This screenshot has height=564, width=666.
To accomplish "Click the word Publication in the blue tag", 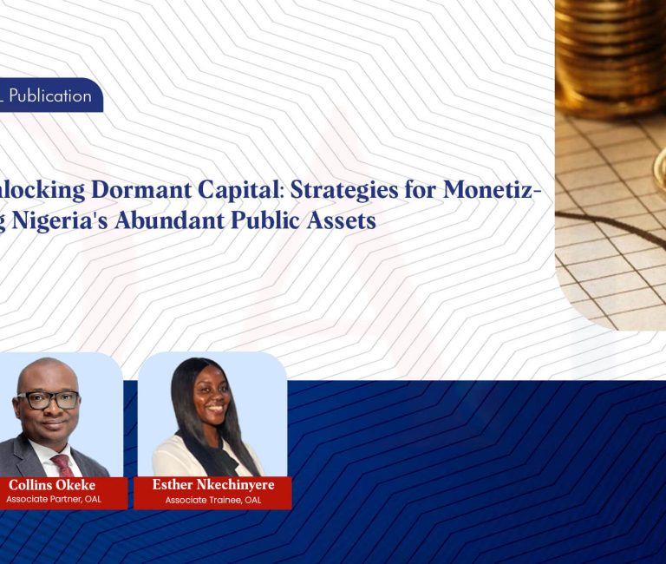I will point(50,95).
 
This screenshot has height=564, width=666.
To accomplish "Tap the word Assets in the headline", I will point(343,220).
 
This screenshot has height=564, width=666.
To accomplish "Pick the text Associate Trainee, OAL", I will point(212,500).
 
